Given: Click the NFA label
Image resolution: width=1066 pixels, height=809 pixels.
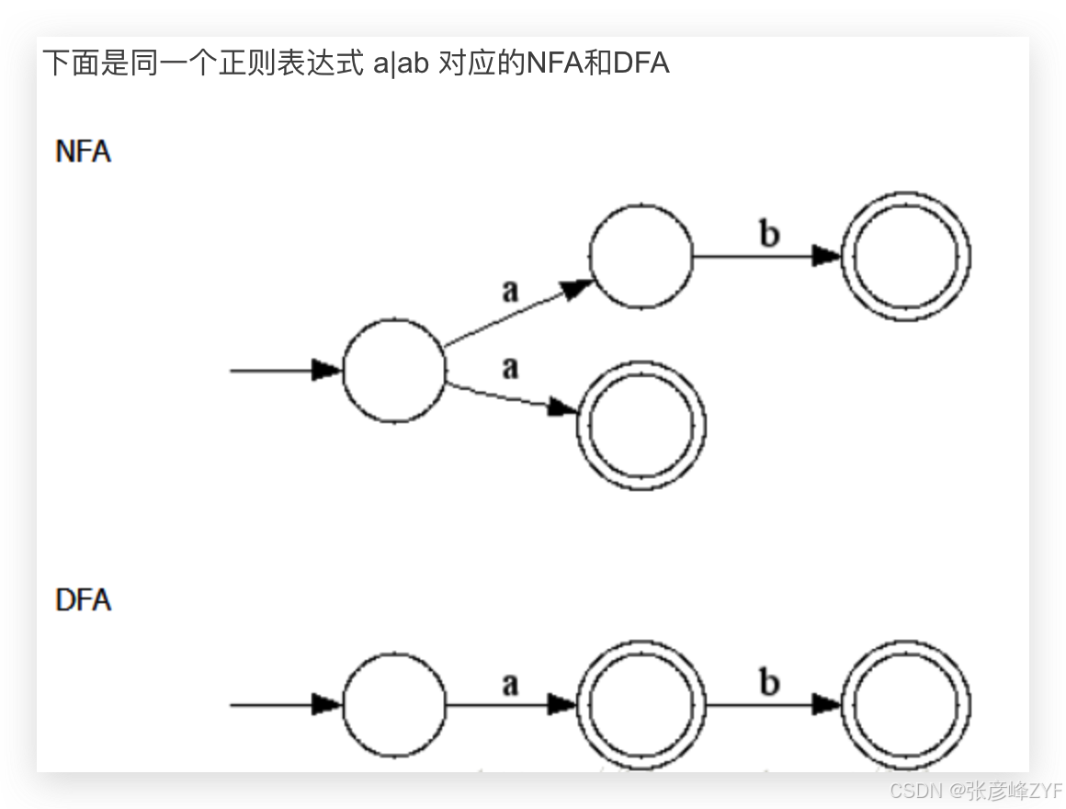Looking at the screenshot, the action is pos(84,152).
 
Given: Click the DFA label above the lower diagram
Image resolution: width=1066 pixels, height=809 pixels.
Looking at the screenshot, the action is pos(84,600).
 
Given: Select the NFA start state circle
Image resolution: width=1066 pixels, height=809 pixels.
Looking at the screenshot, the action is pos(394,370).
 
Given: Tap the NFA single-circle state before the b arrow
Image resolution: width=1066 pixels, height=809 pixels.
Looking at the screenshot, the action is pos(641,256).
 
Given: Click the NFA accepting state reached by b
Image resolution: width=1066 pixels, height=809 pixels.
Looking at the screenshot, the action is pos(906,256).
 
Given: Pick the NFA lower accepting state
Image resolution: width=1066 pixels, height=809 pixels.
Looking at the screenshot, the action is pos(641,424).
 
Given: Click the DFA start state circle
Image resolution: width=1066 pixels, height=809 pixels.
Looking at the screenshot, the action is pos(394,705).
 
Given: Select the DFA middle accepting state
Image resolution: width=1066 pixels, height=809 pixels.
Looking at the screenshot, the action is pos(641,705).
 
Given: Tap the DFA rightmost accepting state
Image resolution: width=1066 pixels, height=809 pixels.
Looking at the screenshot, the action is pos(906,705).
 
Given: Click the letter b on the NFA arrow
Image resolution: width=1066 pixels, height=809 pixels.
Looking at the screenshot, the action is pos(770,234).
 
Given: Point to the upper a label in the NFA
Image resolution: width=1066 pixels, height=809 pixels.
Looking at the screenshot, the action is pos(511,291).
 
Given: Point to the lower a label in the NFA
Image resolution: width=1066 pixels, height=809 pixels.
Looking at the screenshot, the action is pos(511,368).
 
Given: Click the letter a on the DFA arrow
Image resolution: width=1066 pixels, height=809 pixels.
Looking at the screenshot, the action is pos(511,684).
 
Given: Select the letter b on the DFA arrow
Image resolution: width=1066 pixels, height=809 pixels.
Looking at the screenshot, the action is pos(770,683).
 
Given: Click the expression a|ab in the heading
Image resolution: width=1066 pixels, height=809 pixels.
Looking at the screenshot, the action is pos(402,64).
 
